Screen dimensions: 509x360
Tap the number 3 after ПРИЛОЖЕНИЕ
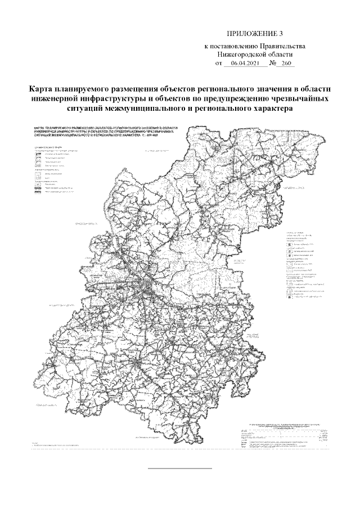coord(281,35)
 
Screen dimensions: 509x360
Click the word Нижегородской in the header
coord(243,55)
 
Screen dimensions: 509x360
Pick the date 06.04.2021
coord(243,64)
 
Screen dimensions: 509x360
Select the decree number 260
coord(288,64)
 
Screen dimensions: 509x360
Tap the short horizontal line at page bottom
coord(179,468)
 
